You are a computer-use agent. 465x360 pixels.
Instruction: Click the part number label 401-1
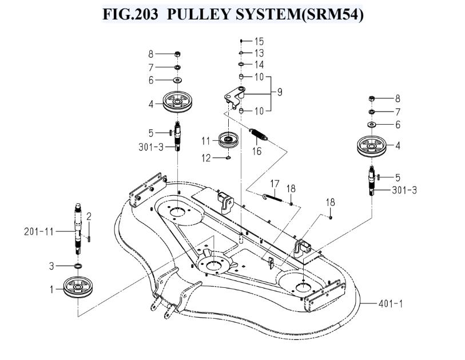click(391, 303)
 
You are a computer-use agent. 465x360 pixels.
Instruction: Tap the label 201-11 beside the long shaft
click(39, 231)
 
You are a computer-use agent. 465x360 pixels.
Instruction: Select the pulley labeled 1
click(78, 287)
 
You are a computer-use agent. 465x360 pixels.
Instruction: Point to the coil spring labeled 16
click(259, 134)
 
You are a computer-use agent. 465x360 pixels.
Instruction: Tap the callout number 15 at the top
click(259, 41)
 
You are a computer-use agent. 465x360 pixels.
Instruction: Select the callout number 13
click(259, 53)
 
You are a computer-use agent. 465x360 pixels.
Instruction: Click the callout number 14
click(259, 65)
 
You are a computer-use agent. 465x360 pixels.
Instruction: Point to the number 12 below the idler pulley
click(206, 158)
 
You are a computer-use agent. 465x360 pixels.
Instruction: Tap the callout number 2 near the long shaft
click(89, 216)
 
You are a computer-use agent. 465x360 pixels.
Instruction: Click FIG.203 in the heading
click(130, 14)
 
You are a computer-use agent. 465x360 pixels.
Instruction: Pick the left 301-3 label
click(151, 147)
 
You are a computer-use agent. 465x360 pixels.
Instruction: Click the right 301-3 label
click(404, 190)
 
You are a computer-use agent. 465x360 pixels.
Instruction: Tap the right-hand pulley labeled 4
click(372, 147)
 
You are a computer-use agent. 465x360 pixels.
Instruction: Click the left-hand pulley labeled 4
click(178, 102)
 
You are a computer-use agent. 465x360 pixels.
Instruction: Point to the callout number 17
click(275, 184)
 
